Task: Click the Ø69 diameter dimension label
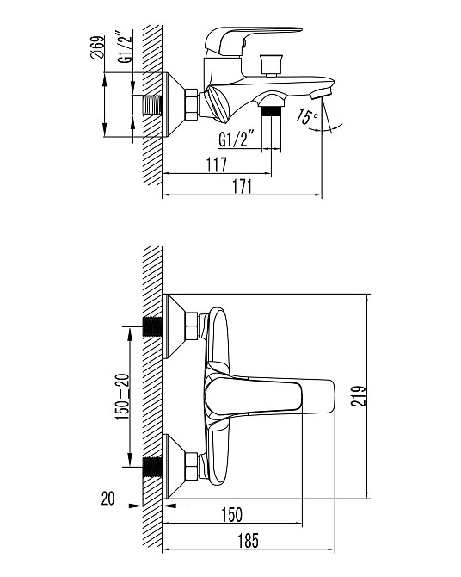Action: click(97, 47)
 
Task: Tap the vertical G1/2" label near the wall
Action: click(125, 47)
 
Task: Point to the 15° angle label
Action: click(306, 116)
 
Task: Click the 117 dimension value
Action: click(217, 164)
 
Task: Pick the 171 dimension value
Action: click(243, 187)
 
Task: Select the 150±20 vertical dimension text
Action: click(122, 397)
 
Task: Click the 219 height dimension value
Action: click(358, 396)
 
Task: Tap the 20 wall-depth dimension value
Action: click(108, 499)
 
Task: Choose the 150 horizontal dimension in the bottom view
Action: click(231, 515)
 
